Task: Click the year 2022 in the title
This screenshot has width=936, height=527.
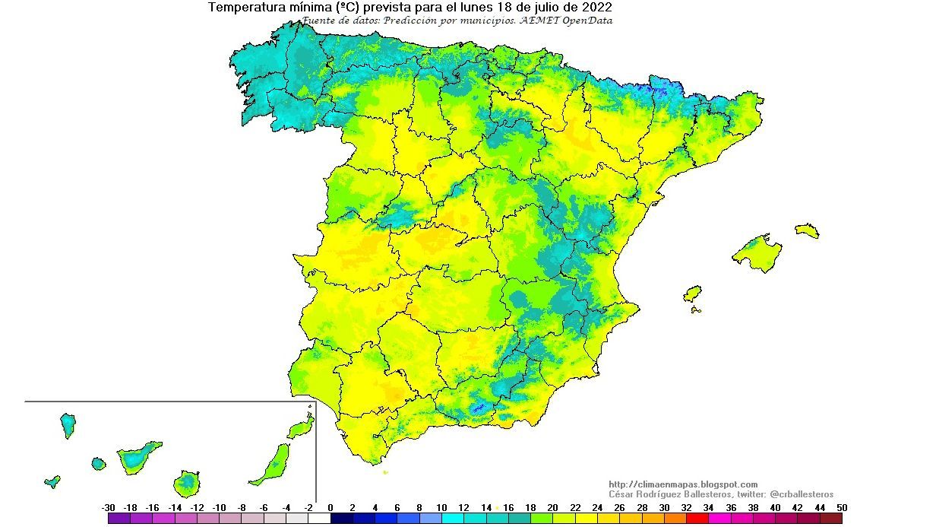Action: pos(596,8)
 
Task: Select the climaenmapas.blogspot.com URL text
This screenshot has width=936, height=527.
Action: pos(683,484)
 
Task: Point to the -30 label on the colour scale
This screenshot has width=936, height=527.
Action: pos(108,507)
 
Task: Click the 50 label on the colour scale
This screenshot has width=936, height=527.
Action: pos(840,507)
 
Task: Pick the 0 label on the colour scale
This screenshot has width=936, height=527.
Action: pos(330,507)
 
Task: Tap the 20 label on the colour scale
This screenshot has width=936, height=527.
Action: pos(552,507)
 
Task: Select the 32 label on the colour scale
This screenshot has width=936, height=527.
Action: pos(686,507)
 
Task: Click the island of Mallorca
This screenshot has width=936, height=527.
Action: pos(757,252)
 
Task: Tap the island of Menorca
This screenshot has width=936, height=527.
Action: pos(807,230)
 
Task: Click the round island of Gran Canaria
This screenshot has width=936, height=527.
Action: pos(187,482)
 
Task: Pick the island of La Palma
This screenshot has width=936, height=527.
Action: pos(68,424)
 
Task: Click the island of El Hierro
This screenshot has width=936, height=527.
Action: pos(52,481)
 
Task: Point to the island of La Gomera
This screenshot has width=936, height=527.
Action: pos(98,463)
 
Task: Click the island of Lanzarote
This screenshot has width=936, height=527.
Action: pos(301,428)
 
